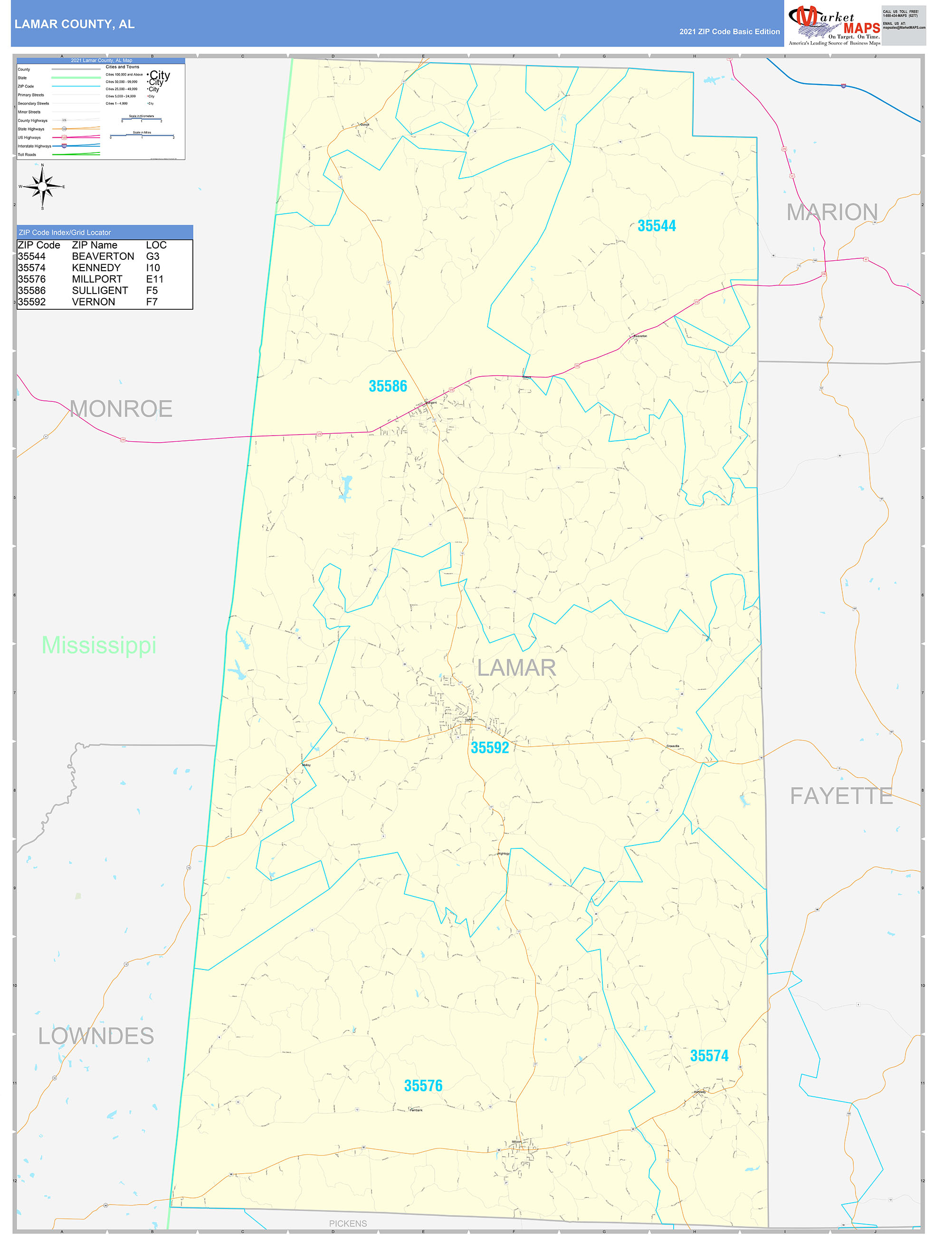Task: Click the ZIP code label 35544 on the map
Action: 656,226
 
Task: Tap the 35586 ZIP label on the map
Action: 388,386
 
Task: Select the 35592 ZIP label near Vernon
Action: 490,747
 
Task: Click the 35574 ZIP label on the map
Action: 708,1055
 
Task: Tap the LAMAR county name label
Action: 516,668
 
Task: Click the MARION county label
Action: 831,212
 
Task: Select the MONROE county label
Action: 121,408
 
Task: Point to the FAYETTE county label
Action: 841,796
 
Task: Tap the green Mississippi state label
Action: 99,645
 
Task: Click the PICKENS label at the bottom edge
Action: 348,1223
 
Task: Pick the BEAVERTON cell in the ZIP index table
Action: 103,256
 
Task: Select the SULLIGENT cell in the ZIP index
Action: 99,290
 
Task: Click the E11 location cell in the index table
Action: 155,279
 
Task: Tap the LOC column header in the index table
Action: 156,245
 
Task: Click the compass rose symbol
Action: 42,187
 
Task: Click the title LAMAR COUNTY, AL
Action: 74,24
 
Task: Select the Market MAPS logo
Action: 833,24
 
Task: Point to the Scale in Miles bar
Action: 142,135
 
